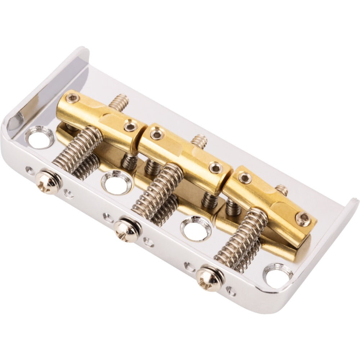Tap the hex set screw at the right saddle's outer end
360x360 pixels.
point(303,218)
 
